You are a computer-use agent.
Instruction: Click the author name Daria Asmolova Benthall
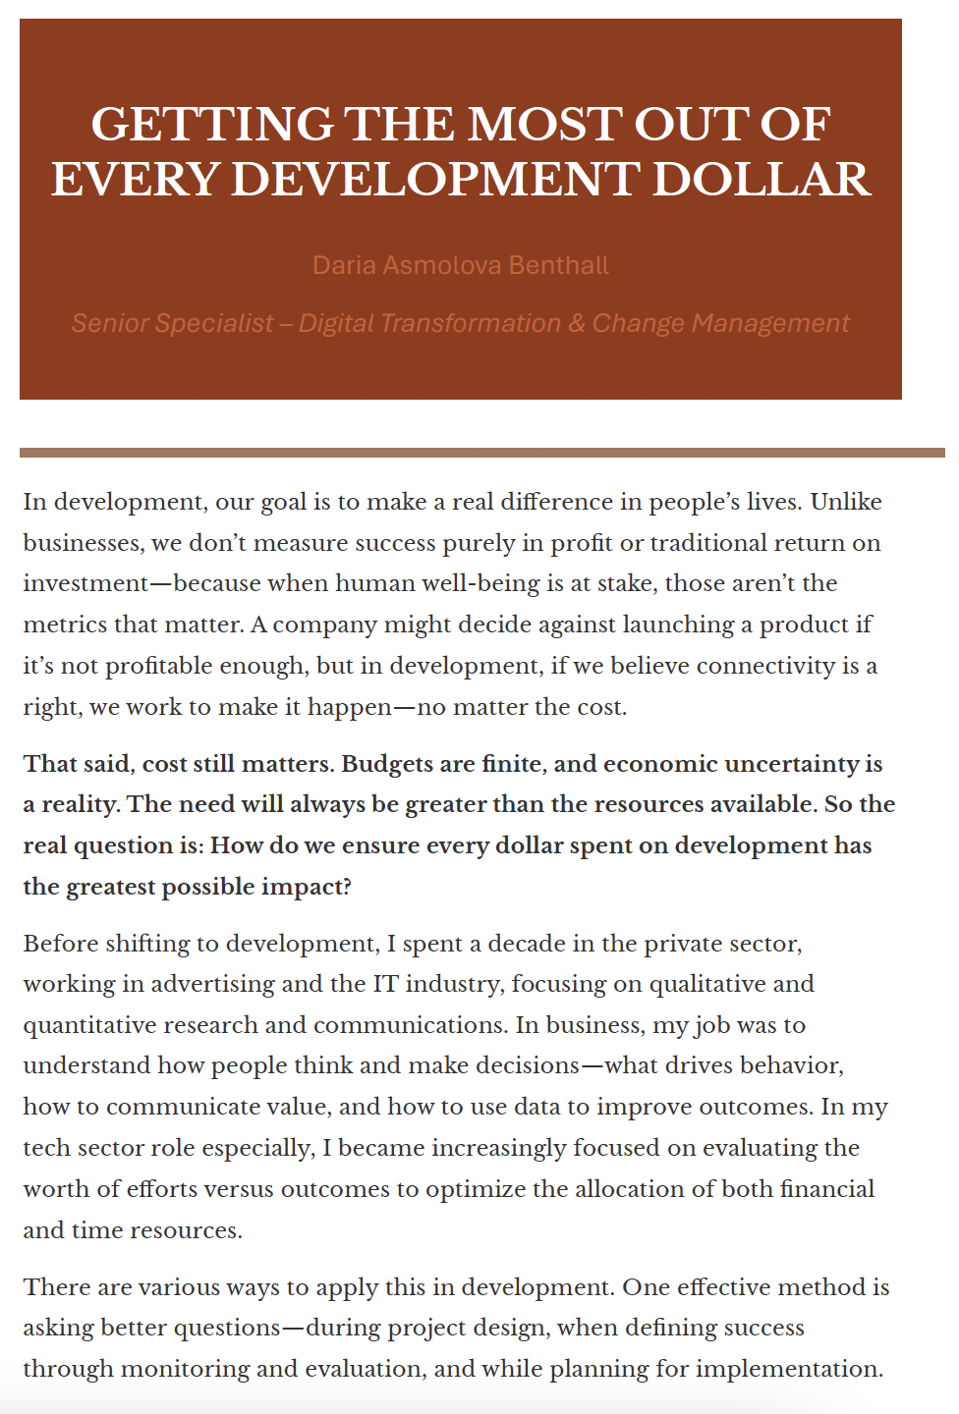coord(460,265)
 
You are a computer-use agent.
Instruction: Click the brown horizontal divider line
coord(481,453)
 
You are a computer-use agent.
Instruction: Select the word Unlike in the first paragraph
coord(846,502)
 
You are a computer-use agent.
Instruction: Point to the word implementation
coord(797,1369)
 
